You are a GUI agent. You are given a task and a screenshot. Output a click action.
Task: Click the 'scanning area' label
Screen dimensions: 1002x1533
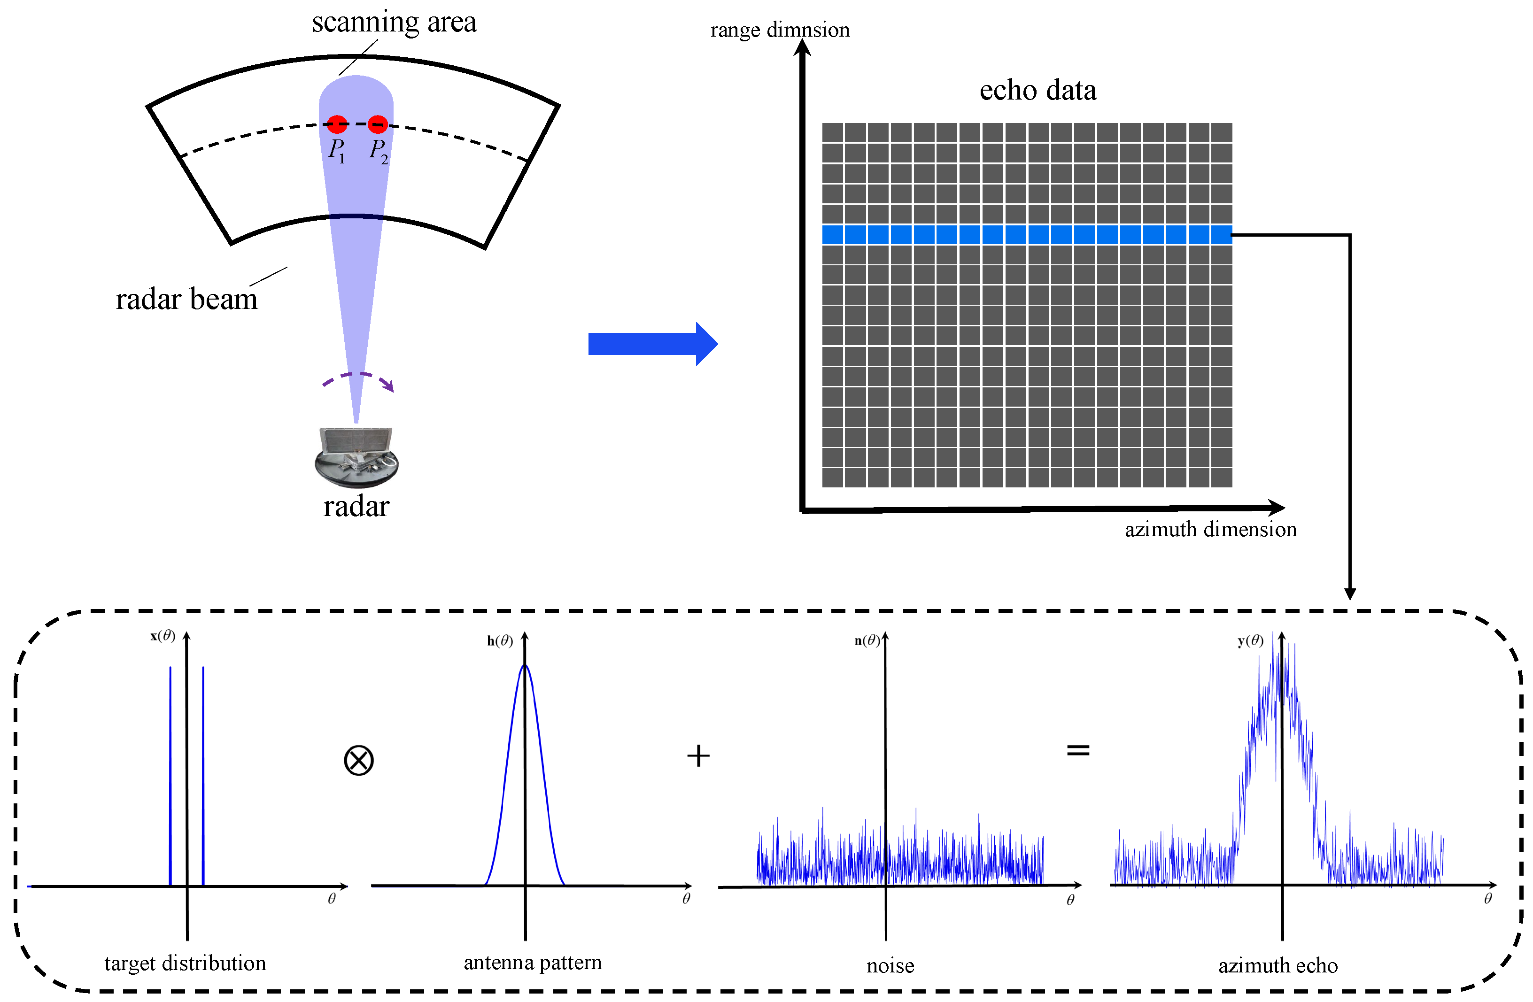[394, 23]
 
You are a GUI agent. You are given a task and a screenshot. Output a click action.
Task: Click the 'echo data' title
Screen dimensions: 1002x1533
[1037, 90]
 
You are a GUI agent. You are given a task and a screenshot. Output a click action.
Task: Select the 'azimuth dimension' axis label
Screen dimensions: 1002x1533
[1210, 529]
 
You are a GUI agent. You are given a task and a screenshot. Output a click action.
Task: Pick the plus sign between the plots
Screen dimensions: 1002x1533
[698, 755]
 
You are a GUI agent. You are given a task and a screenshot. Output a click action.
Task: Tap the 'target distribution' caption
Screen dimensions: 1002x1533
[185, 963]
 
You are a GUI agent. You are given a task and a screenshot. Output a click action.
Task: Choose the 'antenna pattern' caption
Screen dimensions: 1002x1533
[533, 963]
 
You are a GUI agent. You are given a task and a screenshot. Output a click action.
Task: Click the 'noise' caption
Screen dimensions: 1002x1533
[890, 966]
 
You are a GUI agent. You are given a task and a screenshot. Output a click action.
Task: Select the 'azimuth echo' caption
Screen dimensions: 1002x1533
[1278, 966]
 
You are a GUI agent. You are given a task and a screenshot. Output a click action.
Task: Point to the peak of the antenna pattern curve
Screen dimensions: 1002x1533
[525, 666]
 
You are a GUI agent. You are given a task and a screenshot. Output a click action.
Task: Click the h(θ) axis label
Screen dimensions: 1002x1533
[500, 641]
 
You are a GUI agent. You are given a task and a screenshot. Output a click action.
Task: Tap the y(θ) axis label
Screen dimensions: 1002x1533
[1250, 641]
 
